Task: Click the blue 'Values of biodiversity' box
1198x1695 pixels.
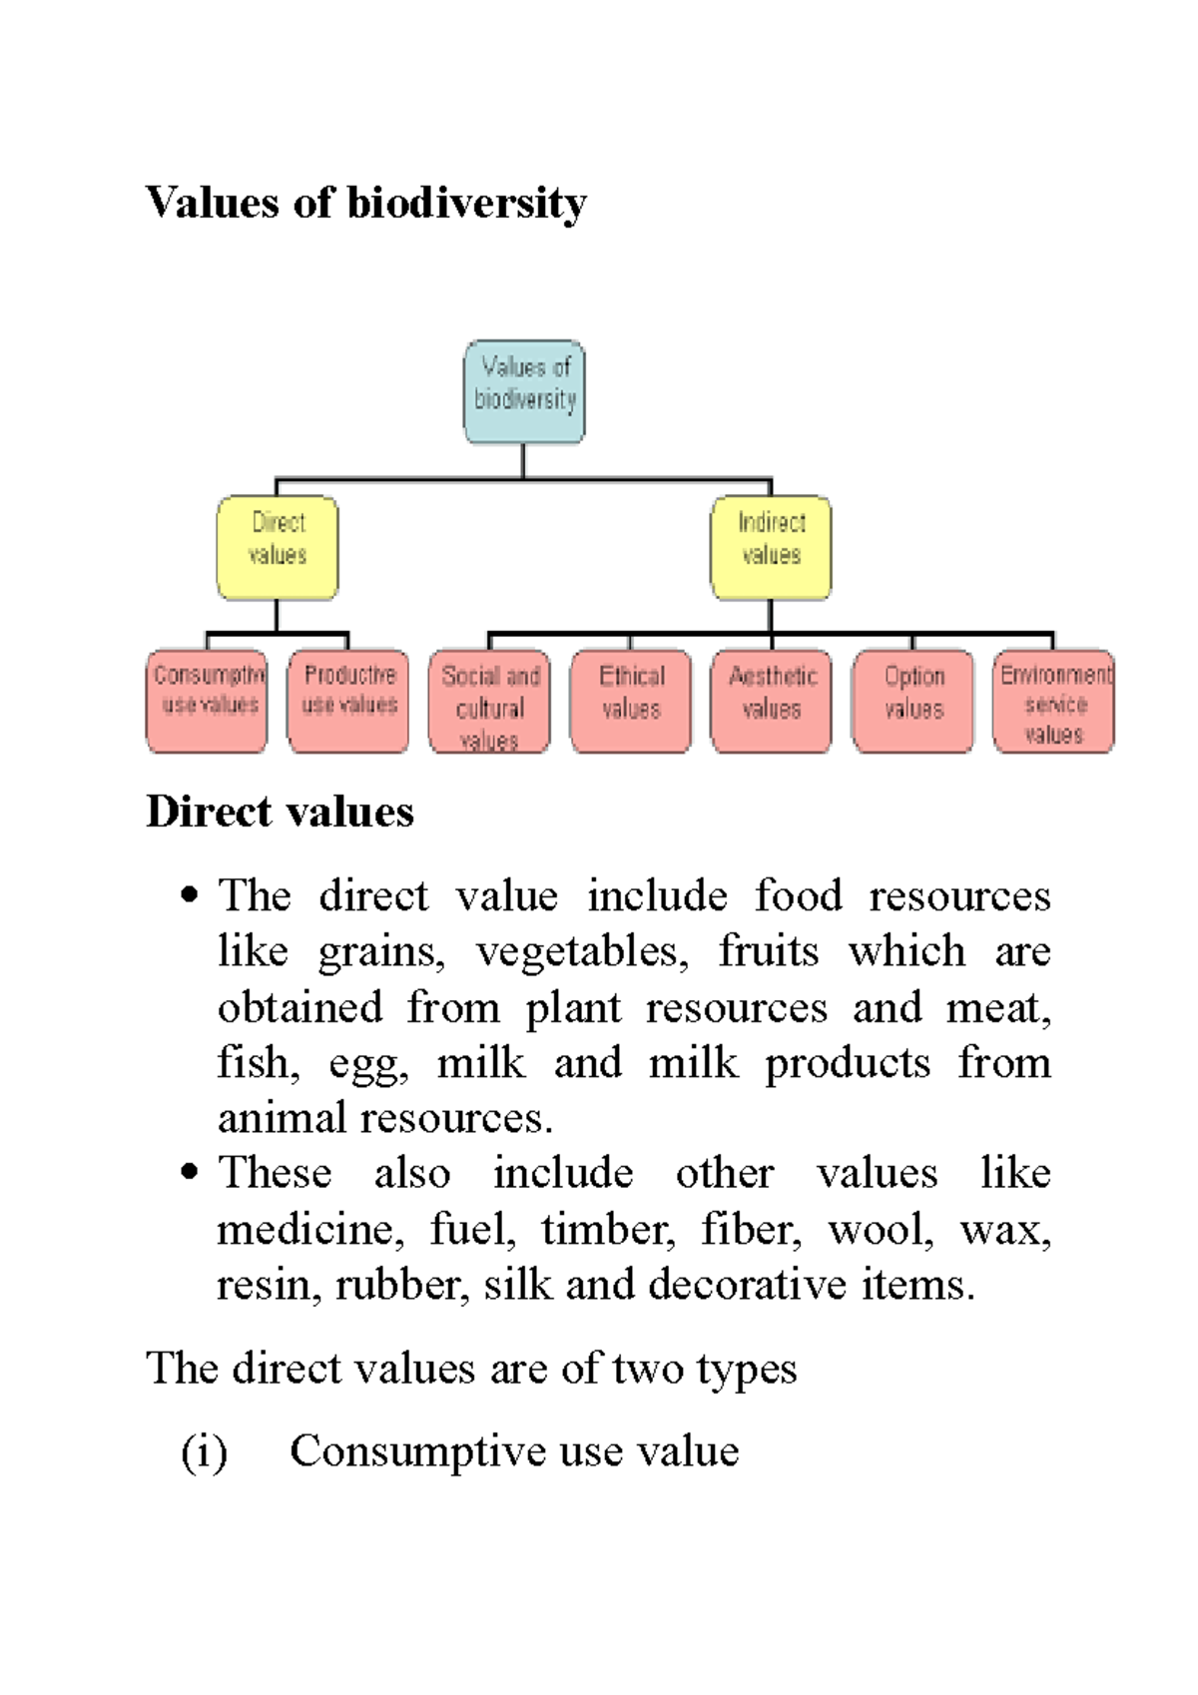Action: coord(524,391)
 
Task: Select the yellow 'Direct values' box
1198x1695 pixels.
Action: coord(278,547)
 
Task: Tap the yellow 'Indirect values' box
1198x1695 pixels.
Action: coord(771,547)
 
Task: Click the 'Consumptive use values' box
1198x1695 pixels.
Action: coord(208,701)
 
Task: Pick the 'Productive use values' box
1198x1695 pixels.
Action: coord(348,701)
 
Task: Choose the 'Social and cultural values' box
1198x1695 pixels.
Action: coord(489,701)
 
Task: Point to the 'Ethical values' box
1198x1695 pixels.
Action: coord(631,701)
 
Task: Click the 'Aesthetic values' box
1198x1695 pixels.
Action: coord(771,701)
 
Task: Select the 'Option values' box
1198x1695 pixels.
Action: coord(912,701)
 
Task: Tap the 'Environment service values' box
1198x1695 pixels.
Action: coord(1053,701)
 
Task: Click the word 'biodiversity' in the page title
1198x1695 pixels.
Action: coord(466,204)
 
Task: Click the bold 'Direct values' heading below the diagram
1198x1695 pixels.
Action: coord(280,812)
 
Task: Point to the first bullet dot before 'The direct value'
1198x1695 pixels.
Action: coord(190,894)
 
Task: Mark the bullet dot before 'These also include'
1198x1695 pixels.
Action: coord(190,1171)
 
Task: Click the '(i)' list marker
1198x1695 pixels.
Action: coord(204,1451)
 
